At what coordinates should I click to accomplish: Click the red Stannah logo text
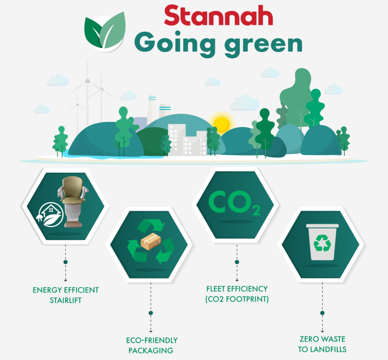coord(219,15)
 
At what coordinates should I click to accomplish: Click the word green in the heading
coord(263,45)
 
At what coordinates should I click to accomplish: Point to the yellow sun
coord(221,123)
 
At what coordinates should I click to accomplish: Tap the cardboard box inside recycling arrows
coord(151,241)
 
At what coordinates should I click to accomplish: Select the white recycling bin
coord(322,242)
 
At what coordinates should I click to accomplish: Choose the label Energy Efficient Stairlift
coord(66,295)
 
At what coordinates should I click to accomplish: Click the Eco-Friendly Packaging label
coord(152,345)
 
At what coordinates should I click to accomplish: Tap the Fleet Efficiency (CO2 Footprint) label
coord(237,294)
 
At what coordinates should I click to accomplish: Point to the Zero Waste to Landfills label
coord(322,344)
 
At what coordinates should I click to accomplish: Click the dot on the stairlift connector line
coord(66,262)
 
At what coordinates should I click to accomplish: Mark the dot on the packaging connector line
coord(151,313)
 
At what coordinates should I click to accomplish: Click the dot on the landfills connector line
coord(322,313)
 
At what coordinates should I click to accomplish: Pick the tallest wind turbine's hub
coord(87,81)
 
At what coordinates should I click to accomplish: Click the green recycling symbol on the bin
coord(322,243)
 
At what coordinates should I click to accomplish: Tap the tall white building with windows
coord(177,139)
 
